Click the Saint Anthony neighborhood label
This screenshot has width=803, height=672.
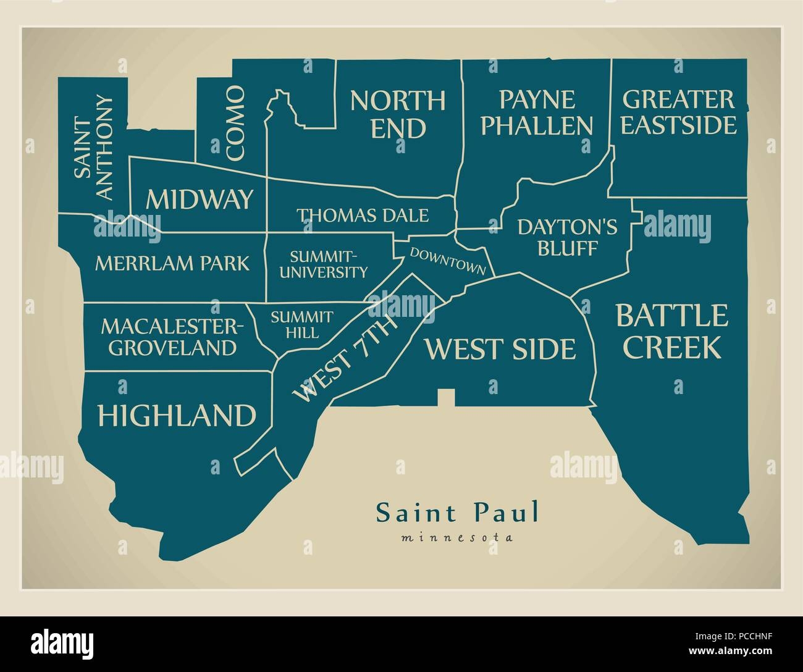point(93,147)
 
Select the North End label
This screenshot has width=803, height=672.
point(397,114)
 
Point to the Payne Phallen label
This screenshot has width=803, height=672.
point(536,112)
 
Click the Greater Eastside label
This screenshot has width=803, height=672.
point(678,112)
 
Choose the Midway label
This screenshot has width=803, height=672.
point(200,199)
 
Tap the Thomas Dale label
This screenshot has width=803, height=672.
point(362,216)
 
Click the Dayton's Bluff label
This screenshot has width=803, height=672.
point(567,238)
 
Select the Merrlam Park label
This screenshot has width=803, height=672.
point(172,263)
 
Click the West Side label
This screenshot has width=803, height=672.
point(499,349)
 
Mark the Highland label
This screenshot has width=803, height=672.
point(177,416)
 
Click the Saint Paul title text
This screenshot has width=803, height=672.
point(457,513)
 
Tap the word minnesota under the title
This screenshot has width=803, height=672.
point(457,537)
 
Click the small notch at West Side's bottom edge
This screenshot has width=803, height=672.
point(446,398)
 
